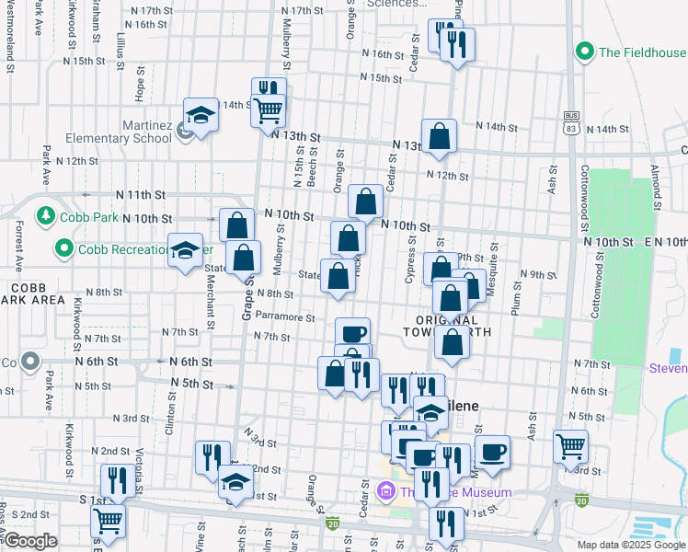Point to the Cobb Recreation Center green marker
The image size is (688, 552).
(63, 248)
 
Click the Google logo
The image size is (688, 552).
(31, 541)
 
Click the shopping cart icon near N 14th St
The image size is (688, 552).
(268, 110)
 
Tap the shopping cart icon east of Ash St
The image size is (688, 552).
(571, 447)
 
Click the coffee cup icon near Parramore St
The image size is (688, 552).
(353, 333)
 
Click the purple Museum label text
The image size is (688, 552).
(455, 492)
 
